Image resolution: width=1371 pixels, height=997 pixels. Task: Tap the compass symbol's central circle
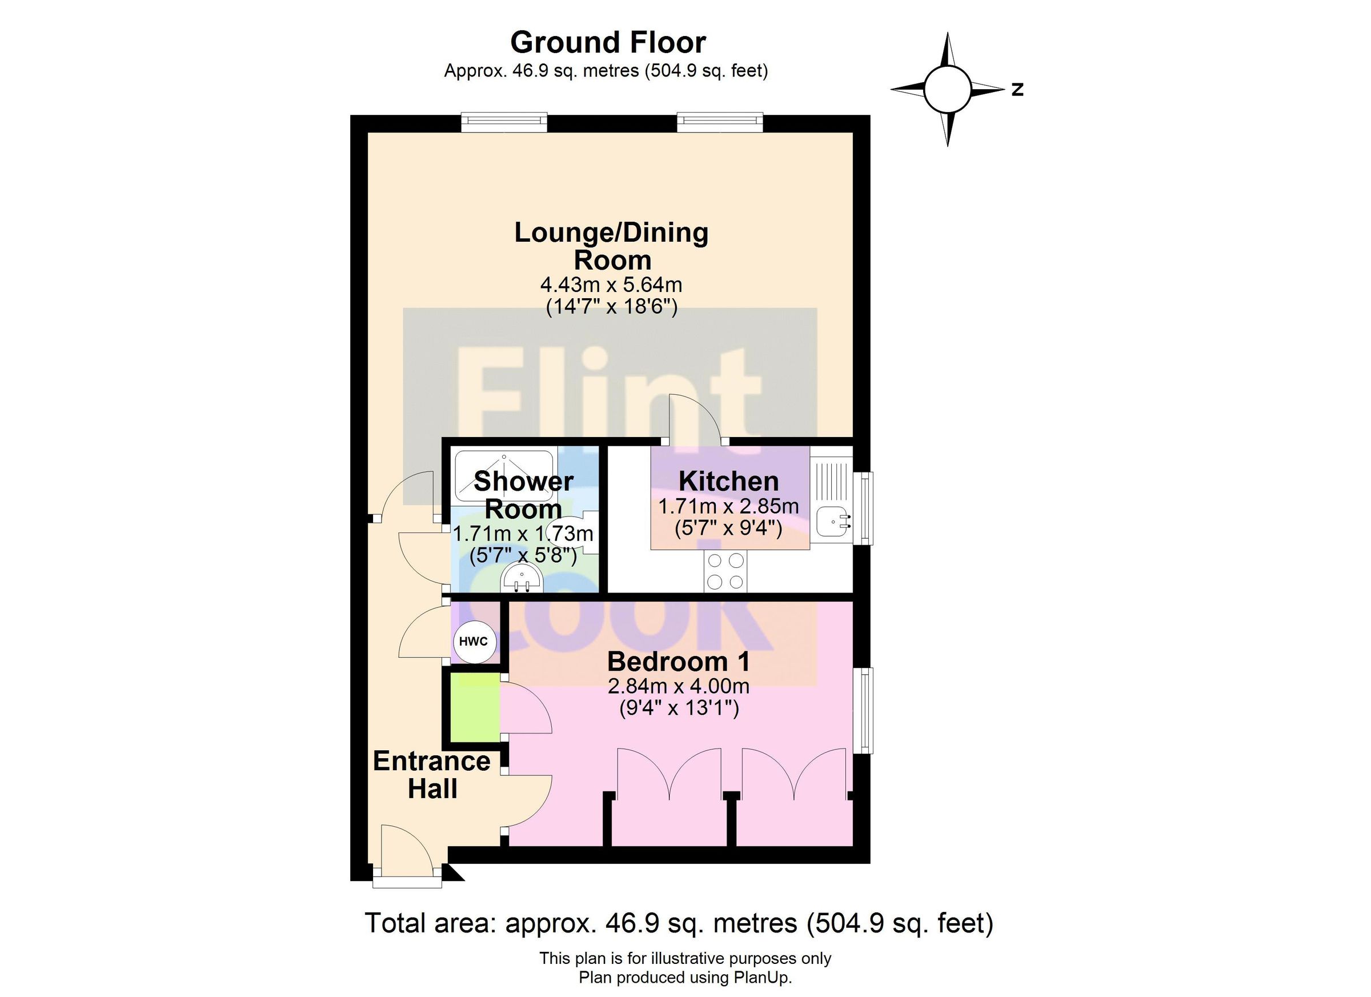(947, 90)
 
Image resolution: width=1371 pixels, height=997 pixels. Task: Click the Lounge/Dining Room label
(611, 246)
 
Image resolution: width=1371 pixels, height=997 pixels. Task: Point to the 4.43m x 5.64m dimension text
(611, 284)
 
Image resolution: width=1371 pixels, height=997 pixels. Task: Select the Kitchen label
(728, 481)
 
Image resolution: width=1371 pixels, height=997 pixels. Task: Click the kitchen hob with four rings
(725, 571)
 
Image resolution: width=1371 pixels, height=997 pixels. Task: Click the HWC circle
(474, 642)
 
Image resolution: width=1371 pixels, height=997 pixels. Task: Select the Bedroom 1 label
(678, 662)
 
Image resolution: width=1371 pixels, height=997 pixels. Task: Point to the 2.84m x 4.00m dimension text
(678, 686)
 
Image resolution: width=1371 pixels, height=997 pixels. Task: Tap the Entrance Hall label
(432, 775)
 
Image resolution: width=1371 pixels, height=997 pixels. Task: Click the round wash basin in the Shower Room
(521, 579)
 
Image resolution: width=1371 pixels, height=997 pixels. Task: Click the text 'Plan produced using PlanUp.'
(685, 978)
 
